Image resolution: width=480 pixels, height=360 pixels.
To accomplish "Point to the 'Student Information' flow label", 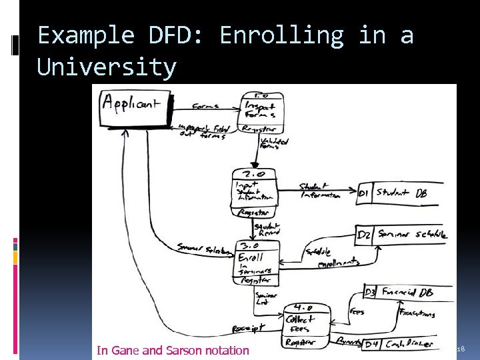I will point(321,191).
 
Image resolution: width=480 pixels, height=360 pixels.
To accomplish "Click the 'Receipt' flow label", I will point(248,328).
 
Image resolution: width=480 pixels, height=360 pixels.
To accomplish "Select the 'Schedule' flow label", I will point(319,253).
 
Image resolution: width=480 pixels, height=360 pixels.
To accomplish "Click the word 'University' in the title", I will point(107,67).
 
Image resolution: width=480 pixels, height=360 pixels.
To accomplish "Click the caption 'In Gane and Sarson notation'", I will point(173,350).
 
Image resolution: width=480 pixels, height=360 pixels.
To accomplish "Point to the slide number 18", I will point(460,349).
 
